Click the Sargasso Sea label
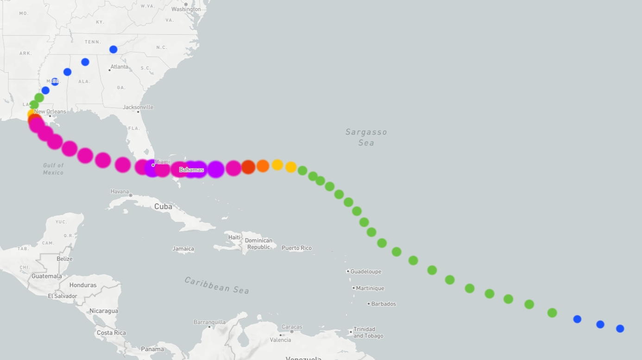366,137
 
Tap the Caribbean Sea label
217,285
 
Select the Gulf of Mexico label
53,169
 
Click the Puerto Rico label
296,248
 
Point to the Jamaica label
183,249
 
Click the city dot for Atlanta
110,70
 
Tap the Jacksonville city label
138,107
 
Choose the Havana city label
120,191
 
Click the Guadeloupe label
366,272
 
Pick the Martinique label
370,288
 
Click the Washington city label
186,9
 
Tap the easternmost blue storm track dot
620,328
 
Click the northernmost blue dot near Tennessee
113,50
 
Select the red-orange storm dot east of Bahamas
248,167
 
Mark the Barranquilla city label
209,322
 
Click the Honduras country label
83,285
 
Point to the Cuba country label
163,207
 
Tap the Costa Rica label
111,333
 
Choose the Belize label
64,259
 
